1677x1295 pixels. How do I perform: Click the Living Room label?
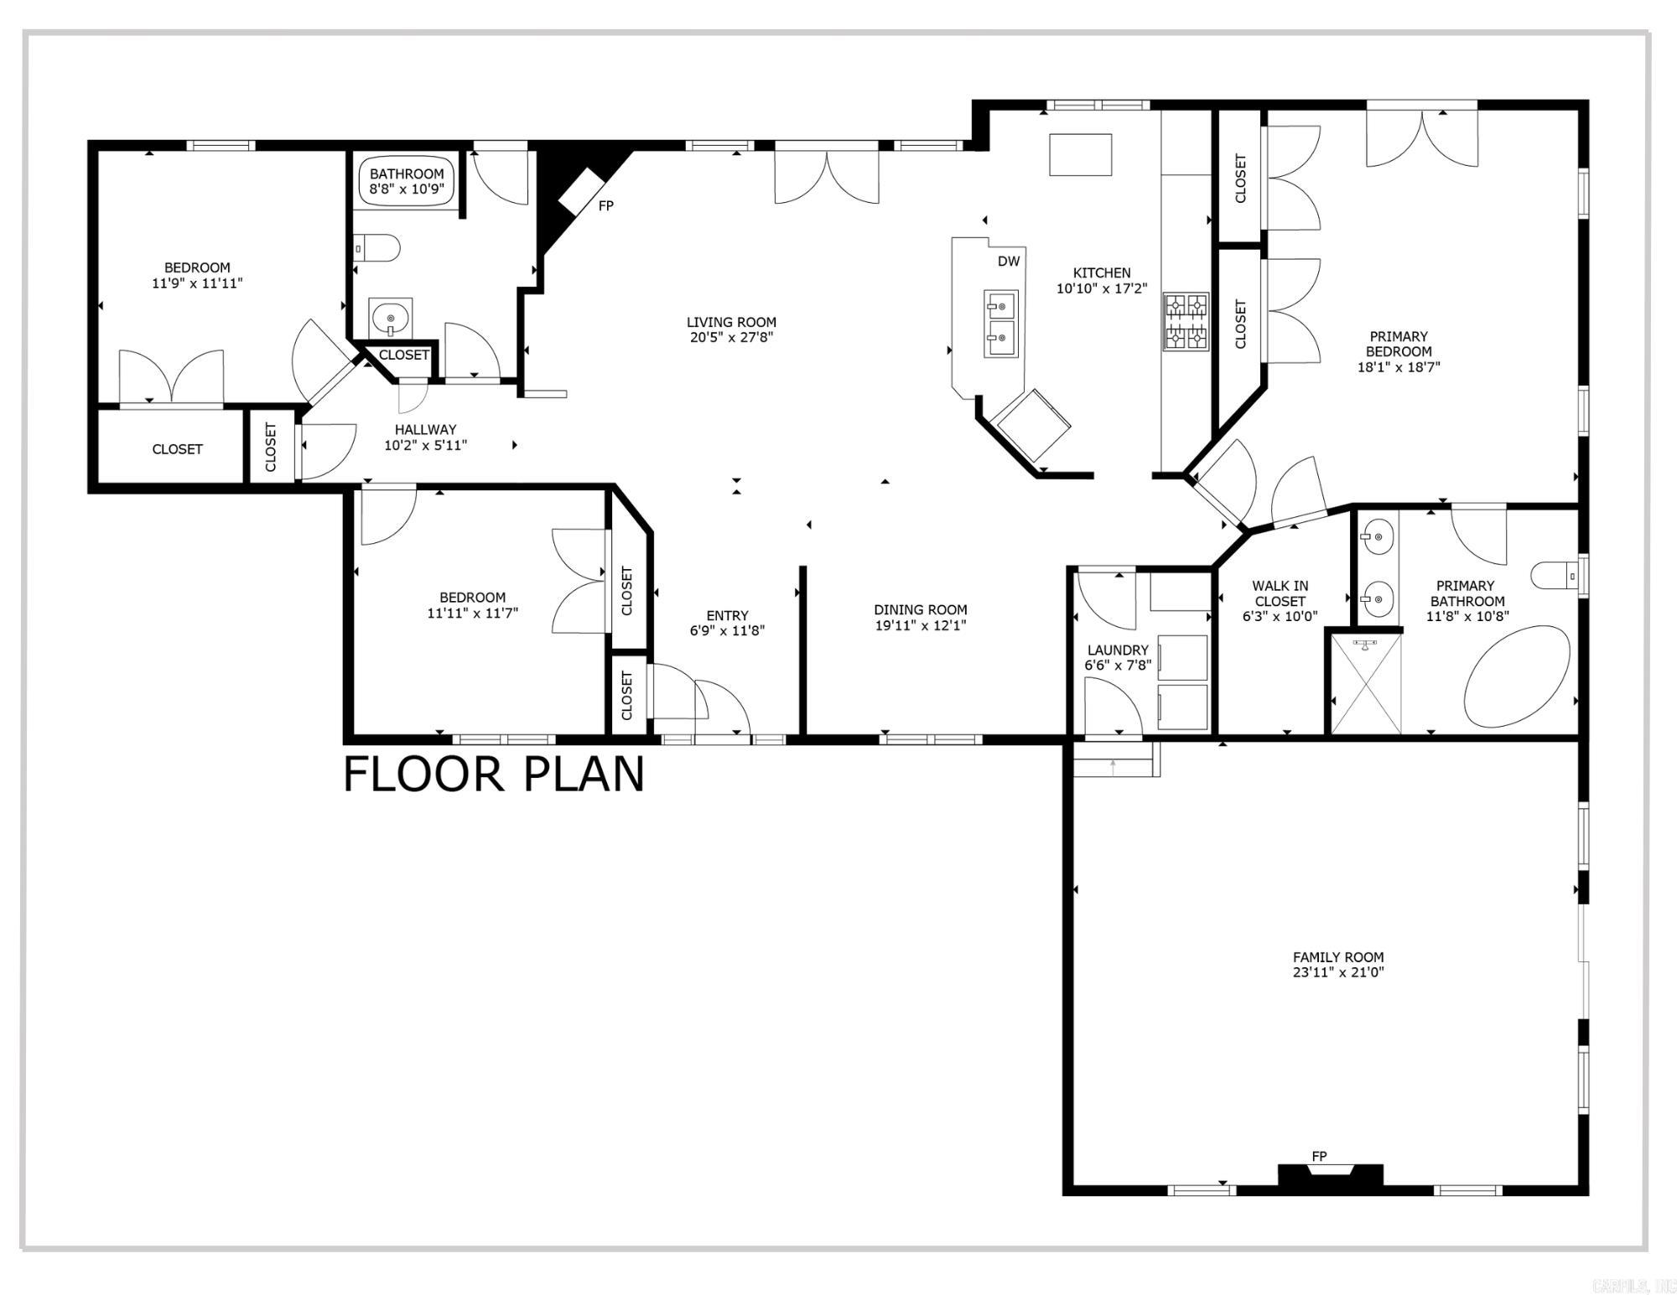click(x=731, y=322)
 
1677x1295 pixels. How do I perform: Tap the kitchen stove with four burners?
click(x=1186, y=321)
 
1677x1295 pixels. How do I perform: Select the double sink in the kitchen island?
click(x=1000, y=323)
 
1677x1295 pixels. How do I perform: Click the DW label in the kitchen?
click(x=1009, y=262)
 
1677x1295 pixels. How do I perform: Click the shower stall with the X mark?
click(x=1366, y=685)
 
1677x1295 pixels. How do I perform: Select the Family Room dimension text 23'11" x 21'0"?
click(x=1338, y=972)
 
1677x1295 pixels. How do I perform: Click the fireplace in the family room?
click(x=1330, y=1175)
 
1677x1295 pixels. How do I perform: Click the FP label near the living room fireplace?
click(x=605, y=205)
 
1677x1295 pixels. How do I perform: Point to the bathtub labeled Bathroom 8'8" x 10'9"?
click(x=407, y=181)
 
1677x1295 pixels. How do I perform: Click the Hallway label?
click(x=425, y=430)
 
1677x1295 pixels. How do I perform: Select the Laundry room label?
click(x=1118, y=650)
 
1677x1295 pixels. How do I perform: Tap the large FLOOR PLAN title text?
click(x=494, y=774)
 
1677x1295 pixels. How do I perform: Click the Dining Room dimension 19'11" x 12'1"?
click(x=921, y=625)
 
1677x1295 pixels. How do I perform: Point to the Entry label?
click(x=727, y=615)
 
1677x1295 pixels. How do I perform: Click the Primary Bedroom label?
click(x=1399, y=344)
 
